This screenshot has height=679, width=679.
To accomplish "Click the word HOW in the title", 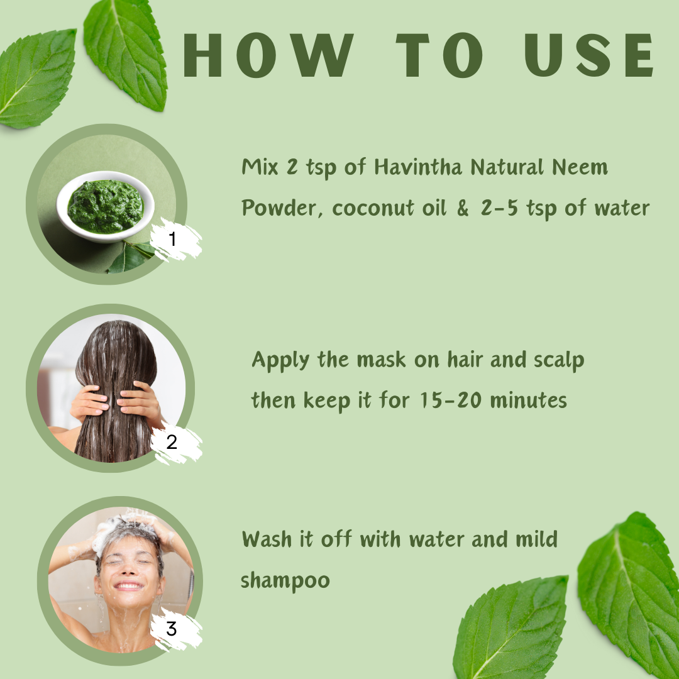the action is point(268,55).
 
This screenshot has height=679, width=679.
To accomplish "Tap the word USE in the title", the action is point(589,55).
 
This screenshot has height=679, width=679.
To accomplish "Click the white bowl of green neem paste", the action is point(105,206).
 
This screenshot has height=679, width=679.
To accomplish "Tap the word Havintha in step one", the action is point(418,167).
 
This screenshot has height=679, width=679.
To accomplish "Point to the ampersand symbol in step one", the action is point(463,208).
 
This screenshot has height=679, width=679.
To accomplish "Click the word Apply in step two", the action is point(280,360).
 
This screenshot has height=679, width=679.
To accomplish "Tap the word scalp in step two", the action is point(559,360).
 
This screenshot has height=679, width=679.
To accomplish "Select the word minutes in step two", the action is point(528,400).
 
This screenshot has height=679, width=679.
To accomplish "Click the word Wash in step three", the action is point(267,539).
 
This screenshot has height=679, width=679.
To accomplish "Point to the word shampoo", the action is point(285,581).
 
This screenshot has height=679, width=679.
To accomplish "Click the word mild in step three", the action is point(536,539).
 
